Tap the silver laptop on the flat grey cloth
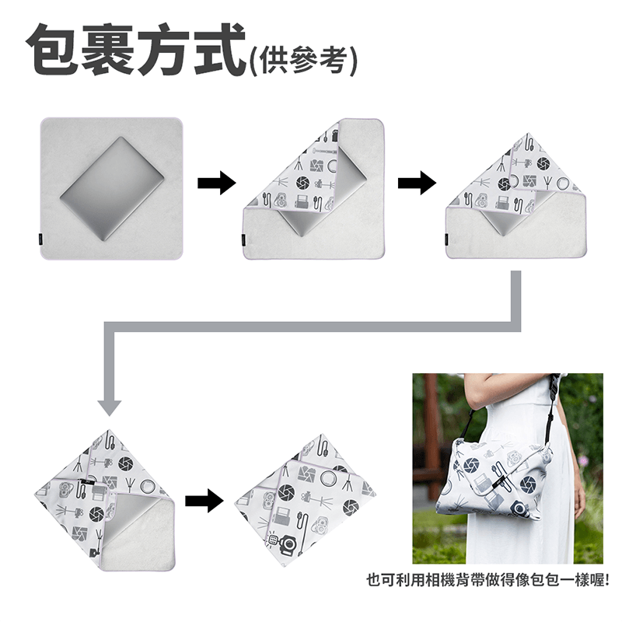(113, 189)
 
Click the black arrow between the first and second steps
(215, 184)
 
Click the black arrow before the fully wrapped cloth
(204, 500)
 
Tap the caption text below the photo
(487, 579)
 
